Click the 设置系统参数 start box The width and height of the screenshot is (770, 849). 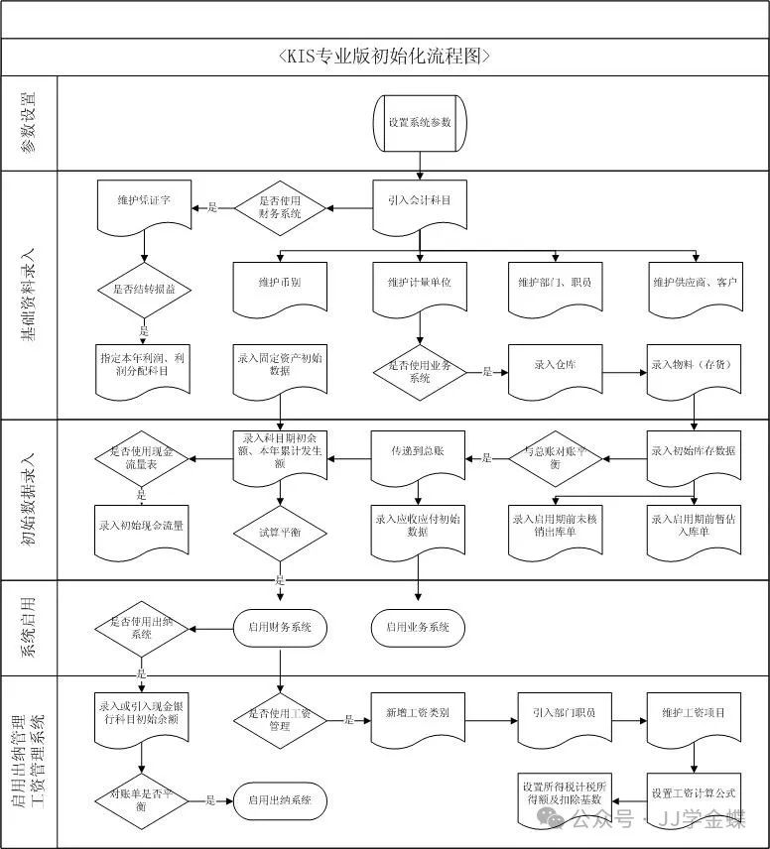tap(420, 122)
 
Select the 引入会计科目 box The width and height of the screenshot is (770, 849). tap(420, 200)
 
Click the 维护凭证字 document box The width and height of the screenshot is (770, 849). tap(145, 201)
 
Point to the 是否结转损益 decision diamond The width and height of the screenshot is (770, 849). tap(145, 290)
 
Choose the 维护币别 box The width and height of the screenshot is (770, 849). tap(280, 283)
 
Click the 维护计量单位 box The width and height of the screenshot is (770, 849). tap(420, 283)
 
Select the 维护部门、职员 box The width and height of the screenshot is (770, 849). tap(555, 283)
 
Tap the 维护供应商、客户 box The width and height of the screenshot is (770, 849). tap(695, 283)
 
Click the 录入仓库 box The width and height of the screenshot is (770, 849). tap(555, 365)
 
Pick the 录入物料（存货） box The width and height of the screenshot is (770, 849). tap(695, 365)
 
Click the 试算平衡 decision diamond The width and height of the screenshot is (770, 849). tap(281, 533)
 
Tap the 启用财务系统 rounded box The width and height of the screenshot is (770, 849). tap(280, 627)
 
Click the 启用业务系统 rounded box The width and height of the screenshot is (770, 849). tap(418, 627)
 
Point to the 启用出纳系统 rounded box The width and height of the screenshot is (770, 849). tap(280, 800)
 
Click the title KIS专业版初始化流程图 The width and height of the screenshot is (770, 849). tap(385, 57)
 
